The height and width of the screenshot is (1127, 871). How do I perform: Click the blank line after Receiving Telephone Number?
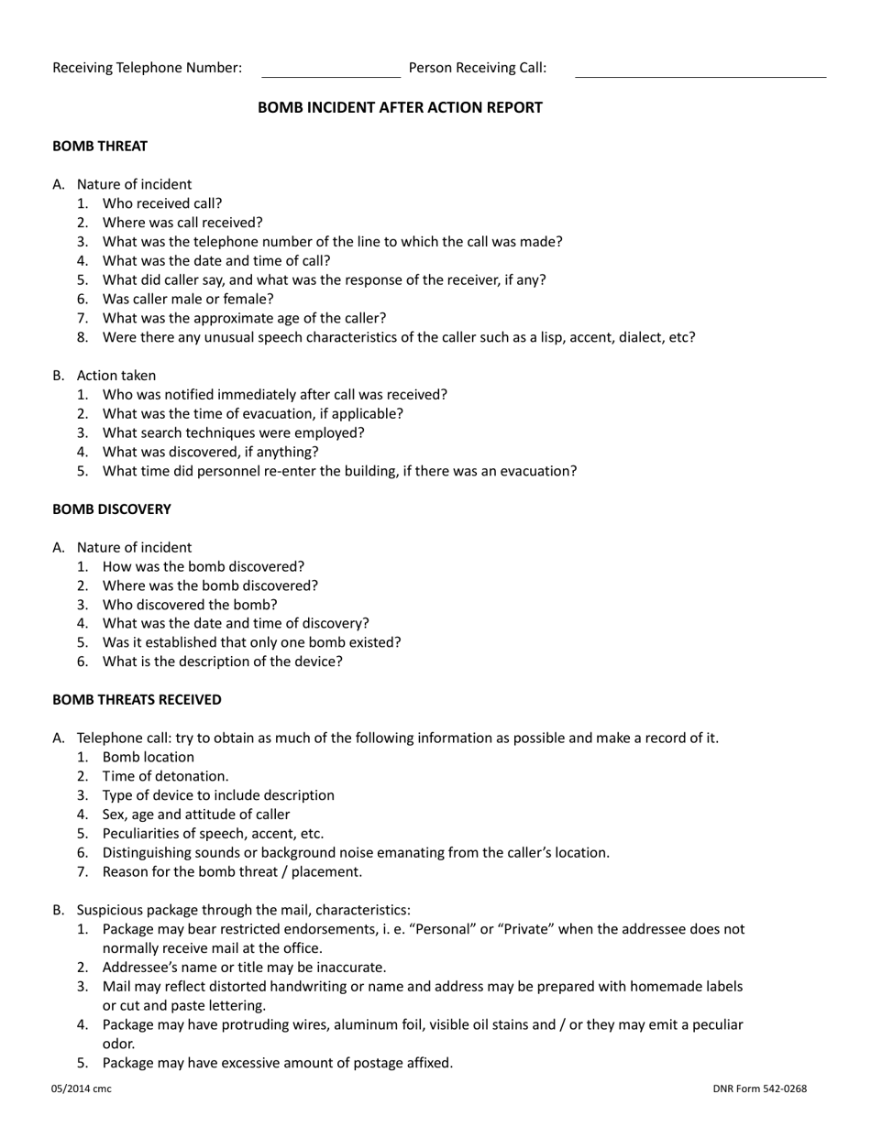pos(331,74)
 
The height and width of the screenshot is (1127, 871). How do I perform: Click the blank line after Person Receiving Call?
pos(700,74)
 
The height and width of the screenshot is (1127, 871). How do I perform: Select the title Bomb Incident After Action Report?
pos(400,107)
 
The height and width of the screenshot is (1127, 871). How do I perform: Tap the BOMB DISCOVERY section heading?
pos(112,509)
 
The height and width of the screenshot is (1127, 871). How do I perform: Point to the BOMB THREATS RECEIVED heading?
pos(137,699)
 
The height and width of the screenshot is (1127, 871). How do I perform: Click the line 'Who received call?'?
pos(162,203)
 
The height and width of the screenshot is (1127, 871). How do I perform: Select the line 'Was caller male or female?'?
pos(188,299)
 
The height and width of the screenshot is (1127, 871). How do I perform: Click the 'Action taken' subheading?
pos(116,375)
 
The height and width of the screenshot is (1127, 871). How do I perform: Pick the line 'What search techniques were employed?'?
pos(233,432)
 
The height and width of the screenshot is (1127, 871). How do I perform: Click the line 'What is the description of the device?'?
pos(223,662)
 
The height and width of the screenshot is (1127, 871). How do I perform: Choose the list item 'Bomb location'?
pos(149,757)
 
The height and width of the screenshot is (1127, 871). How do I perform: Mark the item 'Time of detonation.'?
pos(166,776)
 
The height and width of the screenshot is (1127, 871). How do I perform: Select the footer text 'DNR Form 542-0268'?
pos(760,1089)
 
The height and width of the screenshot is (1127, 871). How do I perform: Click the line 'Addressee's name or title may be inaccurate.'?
pos(244,967)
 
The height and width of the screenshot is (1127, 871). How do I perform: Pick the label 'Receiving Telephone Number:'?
pos(148,67)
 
